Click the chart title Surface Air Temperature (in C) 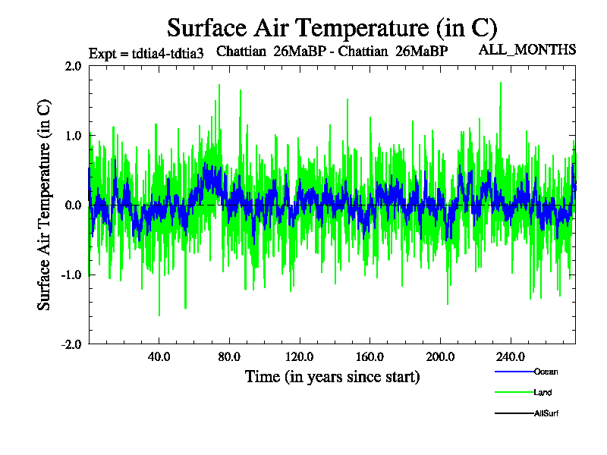coord(332,28)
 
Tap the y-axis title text coord(45,205)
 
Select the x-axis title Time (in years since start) coord(332,376)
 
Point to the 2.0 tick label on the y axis coord(74,66)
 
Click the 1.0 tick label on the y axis coord(74,136)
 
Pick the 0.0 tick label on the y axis coord(74,205)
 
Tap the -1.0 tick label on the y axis coord(71,275)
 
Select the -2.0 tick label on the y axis coord(71,344)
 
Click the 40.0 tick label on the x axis coord(159,356)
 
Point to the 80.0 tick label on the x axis coord(229,356)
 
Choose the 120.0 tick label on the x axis coord(299,356)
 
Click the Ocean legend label coord(546,372)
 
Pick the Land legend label coord(543,392)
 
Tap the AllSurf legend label coord(547,413)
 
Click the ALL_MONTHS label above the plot coord(527,50)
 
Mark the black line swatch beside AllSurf coord(514,413)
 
